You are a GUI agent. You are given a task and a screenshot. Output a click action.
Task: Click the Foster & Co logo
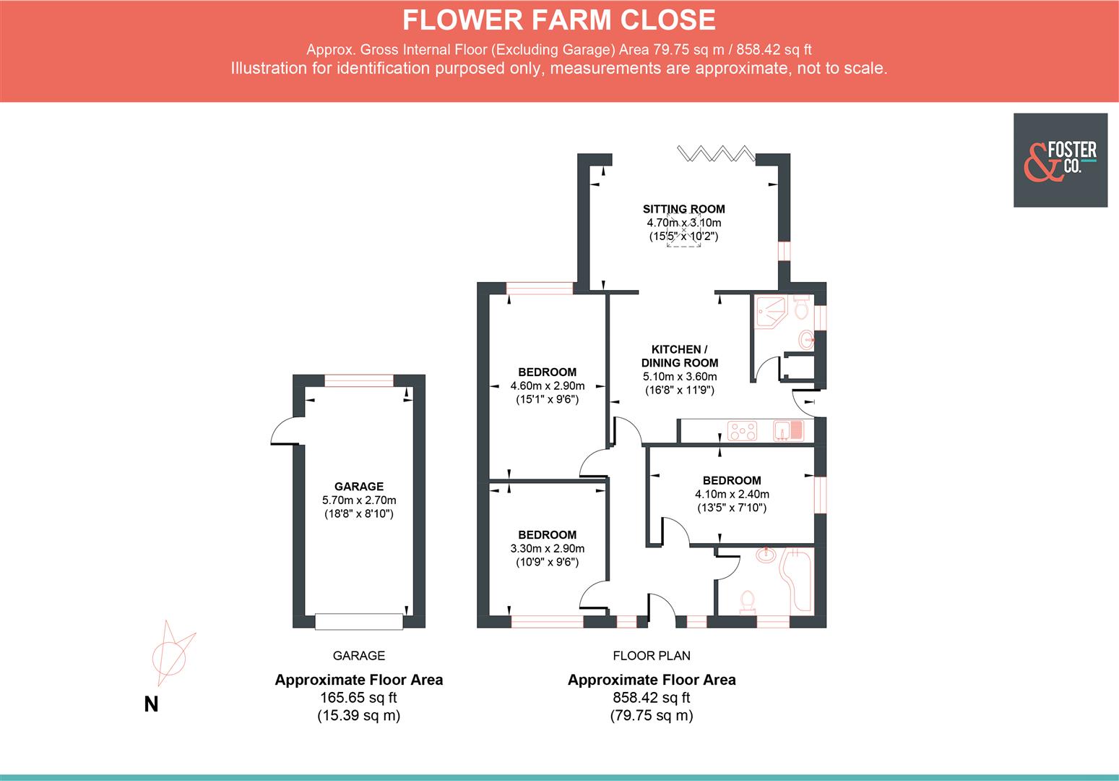click(1060, 160)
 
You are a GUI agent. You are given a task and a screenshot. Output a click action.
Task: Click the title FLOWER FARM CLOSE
click(558, 20)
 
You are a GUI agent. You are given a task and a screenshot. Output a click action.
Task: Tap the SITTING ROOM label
click(683, 209)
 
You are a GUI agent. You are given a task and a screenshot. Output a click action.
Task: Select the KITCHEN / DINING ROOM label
click(680, 356)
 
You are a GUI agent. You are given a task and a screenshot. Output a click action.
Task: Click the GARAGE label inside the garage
click(359, 487)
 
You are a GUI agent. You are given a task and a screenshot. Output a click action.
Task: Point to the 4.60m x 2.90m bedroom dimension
click(547, 386)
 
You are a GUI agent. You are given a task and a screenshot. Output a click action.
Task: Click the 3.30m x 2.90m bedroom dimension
click(547, 549)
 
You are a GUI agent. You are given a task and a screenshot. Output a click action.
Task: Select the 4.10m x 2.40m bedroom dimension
click(732, 495)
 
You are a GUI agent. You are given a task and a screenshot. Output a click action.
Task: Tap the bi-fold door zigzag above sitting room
click(716, 153)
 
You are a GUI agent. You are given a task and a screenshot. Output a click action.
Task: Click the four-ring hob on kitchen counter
click(743, 432)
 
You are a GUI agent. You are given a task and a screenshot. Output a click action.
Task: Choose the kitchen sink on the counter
click(789, 431)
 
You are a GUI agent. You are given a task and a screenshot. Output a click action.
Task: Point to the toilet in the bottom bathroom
click(748, 602)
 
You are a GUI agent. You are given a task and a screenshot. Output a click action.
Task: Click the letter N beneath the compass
click(151, 704)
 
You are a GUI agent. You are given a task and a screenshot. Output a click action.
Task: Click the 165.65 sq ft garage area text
click(358, 698)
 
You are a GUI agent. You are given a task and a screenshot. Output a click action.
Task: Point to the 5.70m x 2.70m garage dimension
click(359, 500)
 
